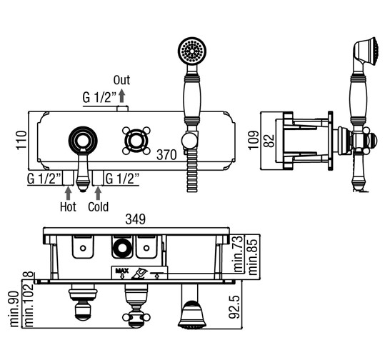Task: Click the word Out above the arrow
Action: [x=121, y=80]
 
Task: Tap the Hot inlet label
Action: [x=68, y=206]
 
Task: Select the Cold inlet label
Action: [x=99, y=206]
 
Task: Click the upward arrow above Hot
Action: [x=69, y=194]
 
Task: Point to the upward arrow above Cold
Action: [x=98, y=194]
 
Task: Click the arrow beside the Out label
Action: [x=121, y=96]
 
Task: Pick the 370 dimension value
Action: [x=166, y=155]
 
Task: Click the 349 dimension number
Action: [x=135, y=219]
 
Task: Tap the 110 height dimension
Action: [x=21, y=140]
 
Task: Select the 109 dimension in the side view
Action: [x=254, y=140]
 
